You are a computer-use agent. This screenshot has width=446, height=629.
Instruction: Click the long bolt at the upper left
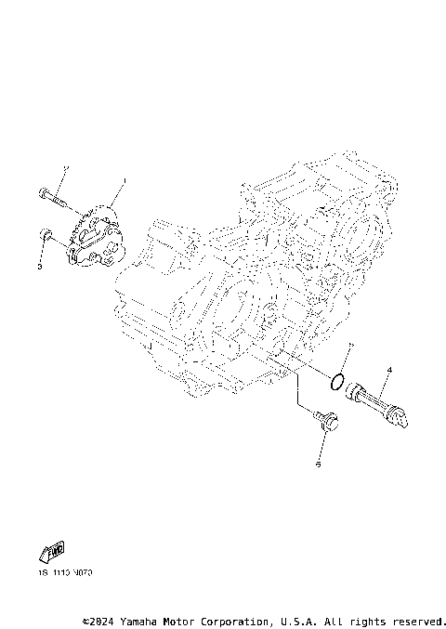coord(52,197)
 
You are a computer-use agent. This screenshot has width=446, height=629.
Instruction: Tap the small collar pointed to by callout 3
coord(46,238)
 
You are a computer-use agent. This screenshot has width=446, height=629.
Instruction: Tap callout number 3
coord(40,267)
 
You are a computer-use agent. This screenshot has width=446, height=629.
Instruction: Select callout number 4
coord(389,370)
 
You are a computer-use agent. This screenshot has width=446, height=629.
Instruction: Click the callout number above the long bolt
coord(65,168)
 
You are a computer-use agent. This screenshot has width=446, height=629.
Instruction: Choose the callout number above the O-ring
coord(349,346)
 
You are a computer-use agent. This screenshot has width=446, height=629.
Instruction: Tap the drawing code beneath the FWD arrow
coord(66,574)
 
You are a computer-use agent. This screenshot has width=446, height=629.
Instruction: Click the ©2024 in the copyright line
coord(100,620)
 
